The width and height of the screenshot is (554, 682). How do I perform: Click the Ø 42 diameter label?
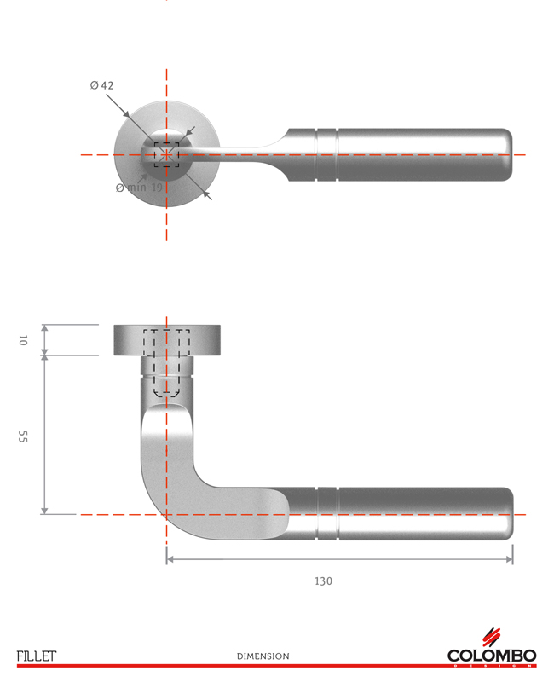click(101, 85)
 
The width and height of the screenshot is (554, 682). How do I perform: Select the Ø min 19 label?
click(139, 187)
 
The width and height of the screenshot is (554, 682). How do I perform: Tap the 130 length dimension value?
click(323, 581)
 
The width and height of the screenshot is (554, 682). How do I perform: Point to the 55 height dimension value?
click(23, 436)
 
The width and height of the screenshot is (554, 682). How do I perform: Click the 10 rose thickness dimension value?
click(23, 340)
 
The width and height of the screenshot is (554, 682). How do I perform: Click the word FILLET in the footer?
click(36, 656)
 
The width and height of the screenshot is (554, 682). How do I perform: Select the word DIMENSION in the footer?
click(263, 656)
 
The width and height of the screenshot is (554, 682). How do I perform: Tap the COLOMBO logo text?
click(492, 656)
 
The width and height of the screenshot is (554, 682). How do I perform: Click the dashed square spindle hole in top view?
click(166, 154)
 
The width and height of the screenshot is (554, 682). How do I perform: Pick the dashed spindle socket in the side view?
click(166, 362)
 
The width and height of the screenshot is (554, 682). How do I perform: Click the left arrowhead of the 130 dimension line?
click(170, 559)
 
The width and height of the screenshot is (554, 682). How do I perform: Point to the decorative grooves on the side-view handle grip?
click(327, 514)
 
